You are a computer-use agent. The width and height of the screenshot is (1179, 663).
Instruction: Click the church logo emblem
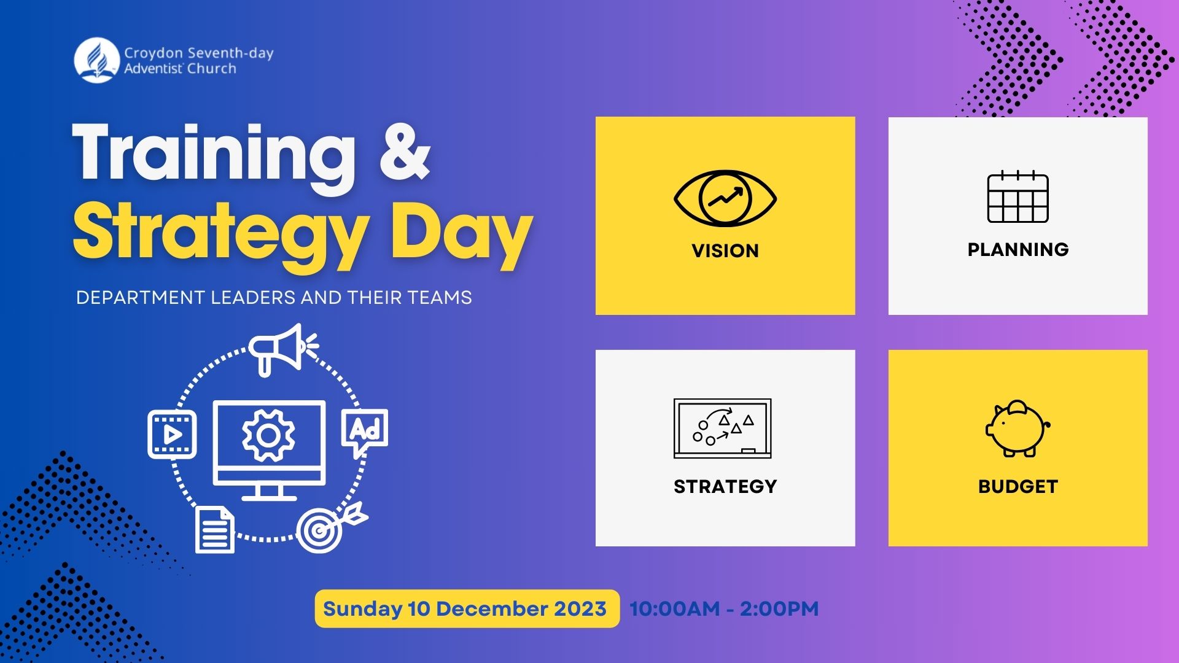[x=96, y=60]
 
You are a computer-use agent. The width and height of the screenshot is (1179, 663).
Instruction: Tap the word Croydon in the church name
[x=154, y=53]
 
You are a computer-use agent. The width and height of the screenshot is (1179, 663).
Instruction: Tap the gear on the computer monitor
[x=268, y=435]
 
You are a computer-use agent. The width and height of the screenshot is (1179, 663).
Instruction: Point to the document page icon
[x=215, y=529]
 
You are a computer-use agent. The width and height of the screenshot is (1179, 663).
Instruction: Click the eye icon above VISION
[x=725, y=199]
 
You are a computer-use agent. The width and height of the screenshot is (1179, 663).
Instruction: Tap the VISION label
[x=725, y=250]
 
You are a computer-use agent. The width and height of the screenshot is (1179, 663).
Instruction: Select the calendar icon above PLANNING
[x=1018, y=198]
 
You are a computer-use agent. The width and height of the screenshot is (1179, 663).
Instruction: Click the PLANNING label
[x=1018, y=249]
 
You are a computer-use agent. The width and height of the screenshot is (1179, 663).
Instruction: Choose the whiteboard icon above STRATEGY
[x=723, y=428]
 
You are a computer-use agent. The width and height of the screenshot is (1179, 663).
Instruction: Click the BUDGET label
[x=1018, y=487]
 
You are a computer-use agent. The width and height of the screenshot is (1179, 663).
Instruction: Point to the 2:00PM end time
[x=779, y=609]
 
